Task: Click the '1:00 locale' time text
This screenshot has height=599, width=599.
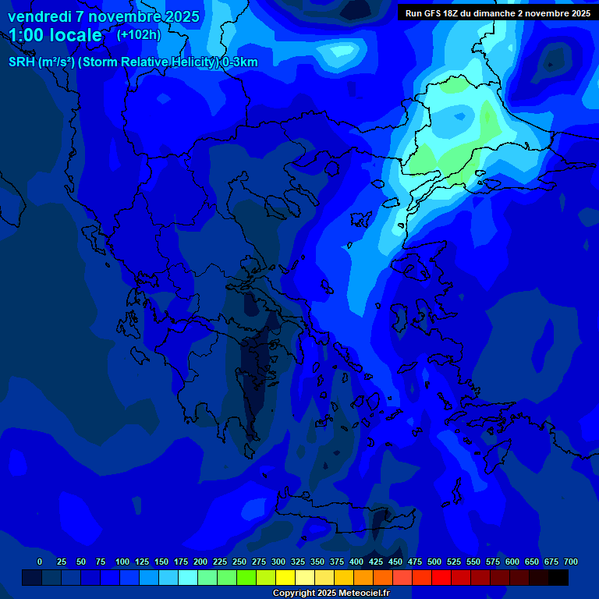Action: [x=55, y=35]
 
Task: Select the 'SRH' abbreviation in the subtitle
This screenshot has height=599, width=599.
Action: [x=21, y=62]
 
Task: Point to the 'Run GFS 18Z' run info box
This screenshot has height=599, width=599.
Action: [x=498, y=13]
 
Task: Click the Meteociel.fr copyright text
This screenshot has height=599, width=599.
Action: [x=331, y=593]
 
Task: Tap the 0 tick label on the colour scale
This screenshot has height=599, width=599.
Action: [x=40, y=562]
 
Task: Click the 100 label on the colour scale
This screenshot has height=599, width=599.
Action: [x=122, y=562]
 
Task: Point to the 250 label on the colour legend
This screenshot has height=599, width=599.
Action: [x=239, y=562]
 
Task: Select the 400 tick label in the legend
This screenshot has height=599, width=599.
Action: [x=356, y=562]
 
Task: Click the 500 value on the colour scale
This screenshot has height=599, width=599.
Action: [x=434, y=562]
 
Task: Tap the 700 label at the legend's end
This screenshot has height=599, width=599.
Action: [x=570, y=562]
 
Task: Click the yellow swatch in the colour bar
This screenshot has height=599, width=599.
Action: [x=285, y=578]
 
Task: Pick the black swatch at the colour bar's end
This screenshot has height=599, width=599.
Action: [x=558, y=578]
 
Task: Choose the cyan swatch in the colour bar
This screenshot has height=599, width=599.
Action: [x=188, y=578]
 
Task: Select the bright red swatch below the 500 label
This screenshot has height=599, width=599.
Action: [x=441, y=578]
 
